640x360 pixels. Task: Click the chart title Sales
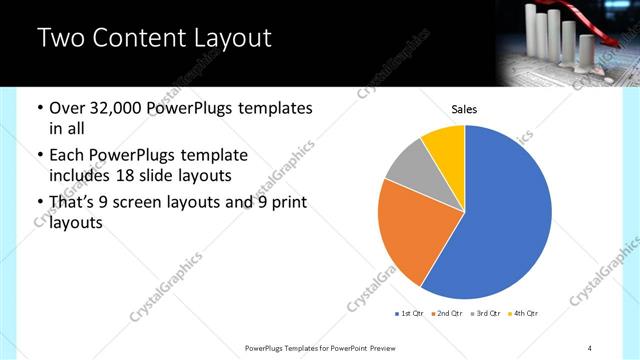[464, 108]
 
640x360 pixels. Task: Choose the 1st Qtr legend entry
[409, 314]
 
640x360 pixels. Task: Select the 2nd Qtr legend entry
[447, 314]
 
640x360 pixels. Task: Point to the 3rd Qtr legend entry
[485, 314]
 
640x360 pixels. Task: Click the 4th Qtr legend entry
[523, 314]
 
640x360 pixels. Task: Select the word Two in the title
[59, 39]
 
